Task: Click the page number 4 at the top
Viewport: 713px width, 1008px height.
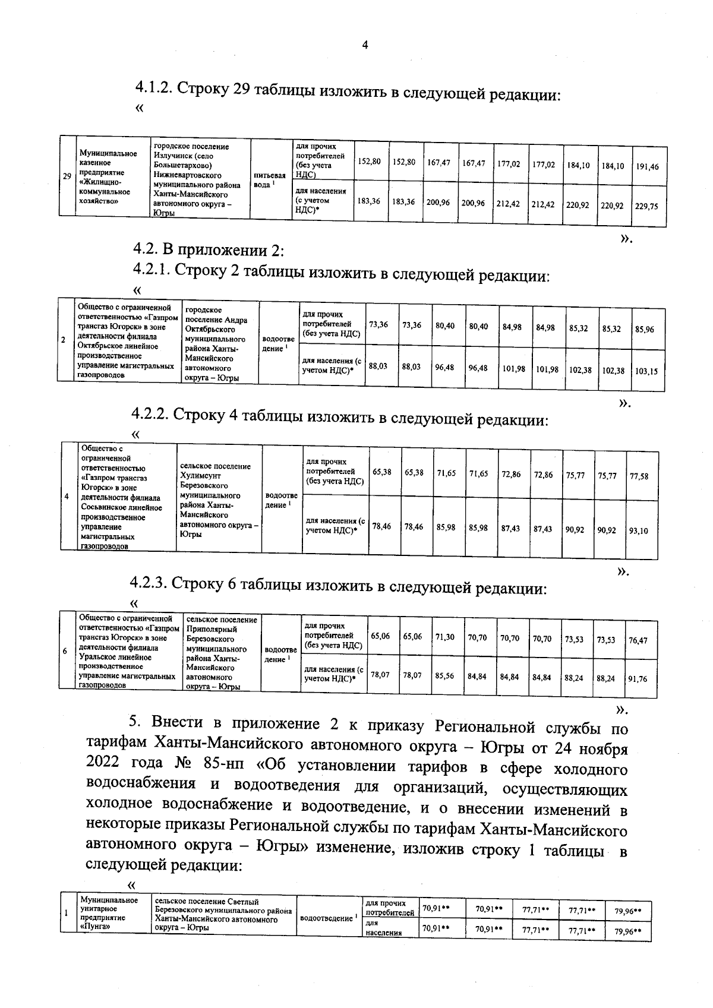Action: pos(365,45)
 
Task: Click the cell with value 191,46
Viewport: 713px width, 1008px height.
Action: pos(647,167)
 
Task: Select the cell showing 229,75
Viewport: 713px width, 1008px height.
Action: pos(647,206)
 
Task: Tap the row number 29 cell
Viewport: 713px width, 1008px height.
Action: pos(68,176)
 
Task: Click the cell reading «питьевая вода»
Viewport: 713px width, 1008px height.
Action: pos(270,180)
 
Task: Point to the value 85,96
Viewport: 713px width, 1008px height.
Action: pos(645,329)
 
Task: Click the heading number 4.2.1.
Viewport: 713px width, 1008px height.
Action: pos(151,271)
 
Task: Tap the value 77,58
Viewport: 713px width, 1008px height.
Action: pos(639,476)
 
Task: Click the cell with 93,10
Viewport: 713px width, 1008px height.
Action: pos(639,530)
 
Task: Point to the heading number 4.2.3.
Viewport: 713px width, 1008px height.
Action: pos(150,584)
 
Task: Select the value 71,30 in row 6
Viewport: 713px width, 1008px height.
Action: pos(445,637)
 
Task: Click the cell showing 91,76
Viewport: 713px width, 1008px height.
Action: pos(638,679)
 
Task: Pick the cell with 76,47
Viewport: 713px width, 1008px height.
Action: pos(638,640)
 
